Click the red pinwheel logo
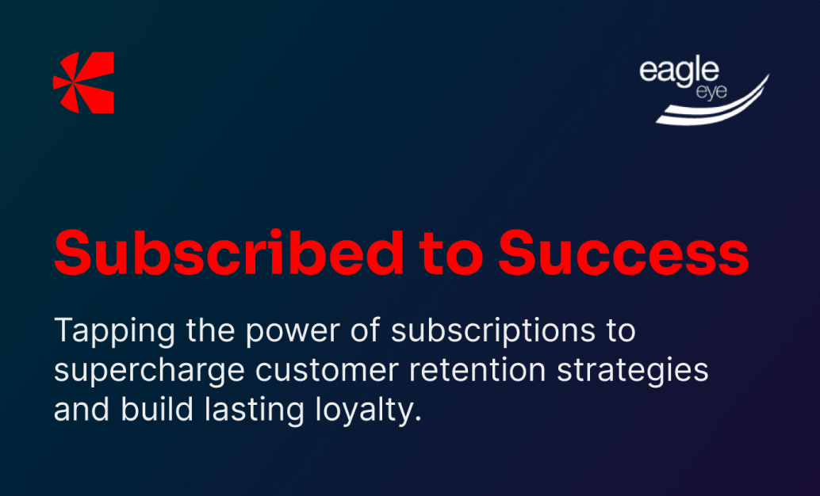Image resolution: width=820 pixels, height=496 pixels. coord(84,82)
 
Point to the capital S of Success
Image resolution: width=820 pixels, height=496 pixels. coord(519,253)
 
